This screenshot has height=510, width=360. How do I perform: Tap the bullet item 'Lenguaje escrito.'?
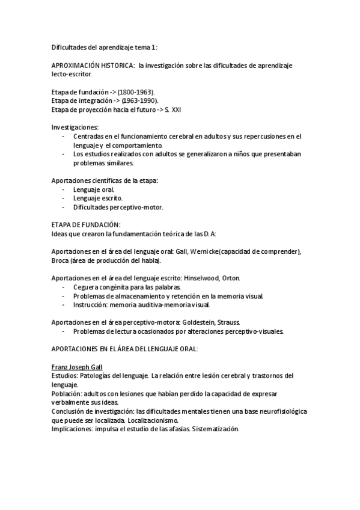point(98,198)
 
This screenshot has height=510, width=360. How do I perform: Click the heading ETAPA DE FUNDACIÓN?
point(86,224)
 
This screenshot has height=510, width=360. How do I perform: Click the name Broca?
point(61,260)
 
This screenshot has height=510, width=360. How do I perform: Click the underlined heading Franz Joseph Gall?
point(76,366)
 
